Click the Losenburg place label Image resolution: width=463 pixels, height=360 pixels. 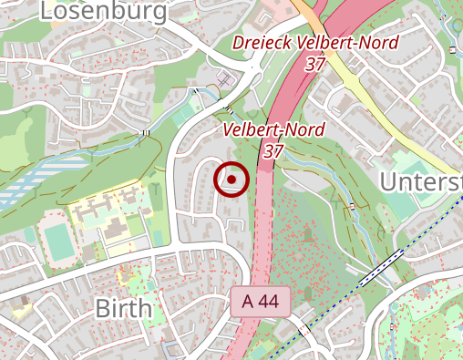click(x=105, y=11)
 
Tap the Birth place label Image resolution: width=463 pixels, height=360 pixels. click(x=123, y=308)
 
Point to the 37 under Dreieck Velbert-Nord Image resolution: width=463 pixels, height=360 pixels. click(x=315, y=64)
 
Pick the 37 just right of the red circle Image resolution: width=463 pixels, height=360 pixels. click(x=271, y=151)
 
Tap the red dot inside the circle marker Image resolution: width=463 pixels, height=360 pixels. click(x=231, y=180)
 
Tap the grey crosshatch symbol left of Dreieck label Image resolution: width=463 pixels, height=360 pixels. click(x=225, y=83)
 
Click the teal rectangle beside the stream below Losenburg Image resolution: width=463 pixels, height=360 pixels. click(x=187, y=115)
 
